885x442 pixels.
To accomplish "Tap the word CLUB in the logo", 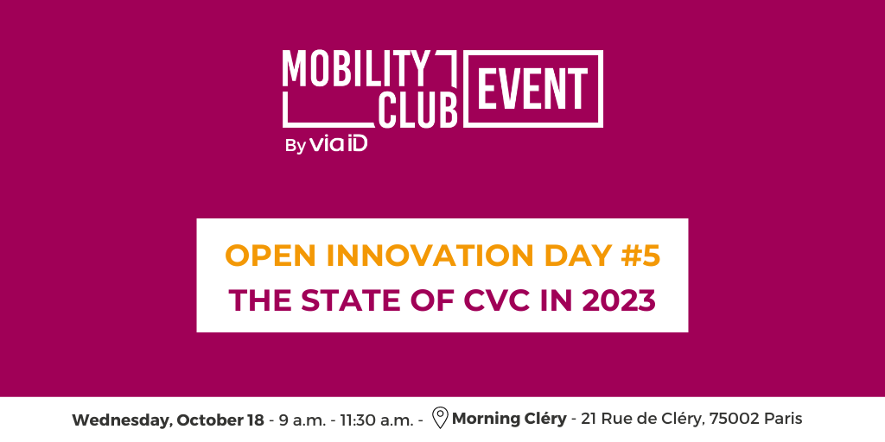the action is (417, 108).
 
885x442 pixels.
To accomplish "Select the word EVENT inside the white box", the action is (533, 89).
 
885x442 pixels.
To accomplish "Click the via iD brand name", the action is (339, 144).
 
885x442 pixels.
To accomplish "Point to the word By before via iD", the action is (296, 146).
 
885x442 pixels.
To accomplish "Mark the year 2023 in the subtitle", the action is (619, 301).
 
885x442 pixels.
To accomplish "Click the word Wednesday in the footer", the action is (122, 420).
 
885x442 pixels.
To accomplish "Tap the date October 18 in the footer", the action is (220, 420).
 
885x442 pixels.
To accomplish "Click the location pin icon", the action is (440, 419).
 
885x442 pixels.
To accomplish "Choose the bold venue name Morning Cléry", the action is (509, 420).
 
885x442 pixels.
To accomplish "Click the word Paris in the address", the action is (783, 420).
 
